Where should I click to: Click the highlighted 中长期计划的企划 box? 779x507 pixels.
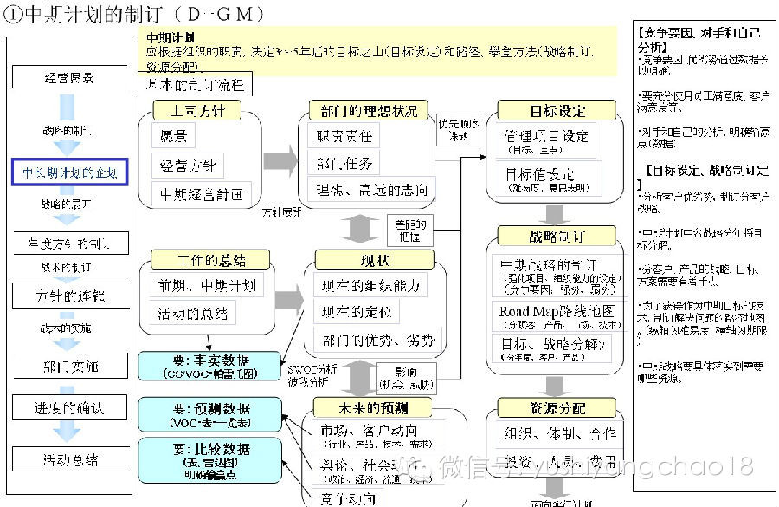tap(70, 172)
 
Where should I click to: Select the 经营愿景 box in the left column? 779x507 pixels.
tap(69, 78)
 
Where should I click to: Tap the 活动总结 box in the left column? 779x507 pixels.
tap(70, 459)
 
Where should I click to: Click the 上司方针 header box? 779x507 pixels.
tap(197, 111)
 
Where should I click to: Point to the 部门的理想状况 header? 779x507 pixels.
tap(369, 111)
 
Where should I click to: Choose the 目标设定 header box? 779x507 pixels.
tap(557, 111)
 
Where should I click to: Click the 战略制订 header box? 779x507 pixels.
tap(557, 237)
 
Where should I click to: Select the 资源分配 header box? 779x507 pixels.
tap(557, 407)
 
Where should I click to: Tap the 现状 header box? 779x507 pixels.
tap(376, 260)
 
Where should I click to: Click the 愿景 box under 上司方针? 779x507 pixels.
tap(173, 136)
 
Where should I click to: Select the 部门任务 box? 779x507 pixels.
tap(345, 163)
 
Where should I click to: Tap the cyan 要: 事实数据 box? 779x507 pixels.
tap(210, 367)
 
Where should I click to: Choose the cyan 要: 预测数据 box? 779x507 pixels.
tap(210, 414)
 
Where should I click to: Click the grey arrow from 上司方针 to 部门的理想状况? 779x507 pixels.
tap(280, 160)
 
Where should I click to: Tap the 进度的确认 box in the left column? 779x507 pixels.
tap(70, 408)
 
